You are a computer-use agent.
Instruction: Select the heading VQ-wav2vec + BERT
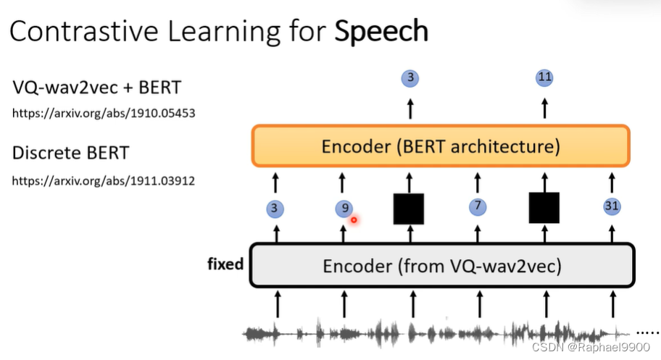96,88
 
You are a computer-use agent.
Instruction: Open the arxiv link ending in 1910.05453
104,114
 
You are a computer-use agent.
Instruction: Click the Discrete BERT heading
72,154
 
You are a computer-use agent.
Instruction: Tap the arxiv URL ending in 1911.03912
104,180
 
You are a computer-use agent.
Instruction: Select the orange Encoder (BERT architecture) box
441,147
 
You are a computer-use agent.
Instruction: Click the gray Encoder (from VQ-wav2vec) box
442,265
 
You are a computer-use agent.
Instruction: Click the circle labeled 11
544,77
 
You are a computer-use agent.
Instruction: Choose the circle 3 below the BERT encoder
275,209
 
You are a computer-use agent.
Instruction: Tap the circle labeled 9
343,209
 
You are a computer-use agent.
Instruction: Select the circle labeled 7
477,207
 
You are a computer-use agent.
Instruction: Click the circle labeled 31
612,207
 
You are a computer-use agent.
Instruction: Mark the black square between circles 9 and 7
409,209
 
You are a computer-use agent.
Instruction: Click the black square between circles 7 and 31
544,208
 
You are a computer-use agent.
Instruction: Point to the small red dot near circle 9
354,219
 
